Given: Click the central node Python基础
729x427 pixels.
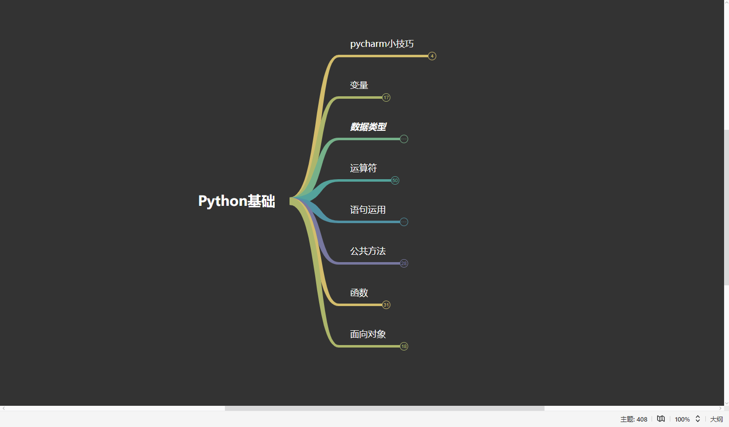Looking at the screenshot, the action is point(237,201).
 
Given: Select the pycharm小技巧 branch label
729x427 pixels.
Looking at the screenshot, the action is point(382,44).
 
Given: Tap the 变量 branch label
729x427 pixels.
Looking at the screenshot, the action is point(359,85).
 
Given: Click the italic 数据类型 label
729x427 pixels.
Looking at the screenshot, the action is point(368,127).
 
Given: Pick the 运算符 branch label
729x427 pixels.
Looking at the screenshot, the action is point(364,168).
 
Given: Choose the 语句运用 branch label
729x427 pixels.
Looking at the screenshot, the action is point(368,210).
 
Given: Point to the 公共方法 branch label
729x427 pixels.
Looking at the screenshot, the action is point(368,251).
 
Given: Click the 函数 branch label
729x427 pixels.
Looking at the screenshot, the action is point(359,293).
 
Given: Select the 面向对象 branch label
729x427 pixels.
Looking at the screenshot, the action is point(368,334).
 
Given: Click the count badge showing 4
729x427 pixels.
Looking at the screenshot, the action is point(432,56).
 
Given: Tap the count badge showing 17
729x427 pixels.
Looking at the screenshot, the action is point(386,98).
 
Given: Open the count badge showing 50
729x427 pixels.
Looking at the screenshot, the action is point(395,181).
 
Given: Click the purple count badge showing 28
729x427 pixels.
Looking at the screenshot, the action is point(404,264).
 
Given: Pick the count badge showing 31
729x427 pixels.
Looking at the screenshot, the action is point(386,305).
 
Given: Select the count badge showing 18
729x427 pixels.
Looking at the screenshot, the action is point(404,347).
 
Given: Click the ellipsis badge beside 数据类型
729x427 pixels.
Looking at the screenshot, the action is point(404,139).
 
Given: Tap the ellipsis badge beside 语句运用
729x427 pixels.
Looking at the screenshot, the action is point(404,222).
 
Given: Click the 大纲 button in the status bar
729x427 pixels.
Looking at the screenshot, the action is point(716,419).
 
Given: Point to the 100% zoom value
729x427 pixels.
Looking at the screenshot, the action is point(682,419).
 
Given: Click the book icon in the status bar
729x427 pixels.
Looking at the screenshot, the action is point(661,419).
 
